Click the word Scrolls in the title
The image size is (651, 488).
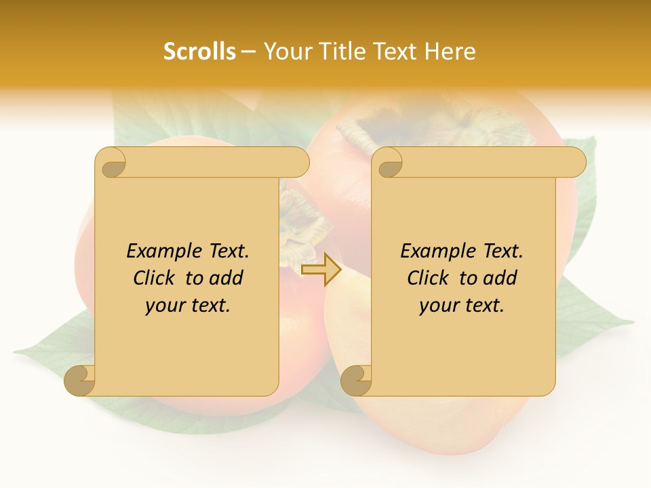point(199,52)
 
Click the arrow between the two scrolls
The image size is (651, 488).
point(321,270)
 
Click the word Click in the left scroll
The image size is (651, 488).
point(156,278)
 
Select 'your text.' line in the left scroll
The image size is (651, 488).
point(188,306)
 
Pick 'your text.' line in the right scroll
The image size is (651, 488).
point(462,306)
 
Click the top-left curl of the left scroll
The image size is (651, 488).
point(111,163)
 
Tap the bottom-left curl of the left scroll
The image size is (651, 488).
point(80,380)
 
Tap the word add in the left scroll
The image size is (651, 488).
point(226,278)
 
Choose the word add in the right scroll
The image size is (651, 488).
point(500,278)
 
